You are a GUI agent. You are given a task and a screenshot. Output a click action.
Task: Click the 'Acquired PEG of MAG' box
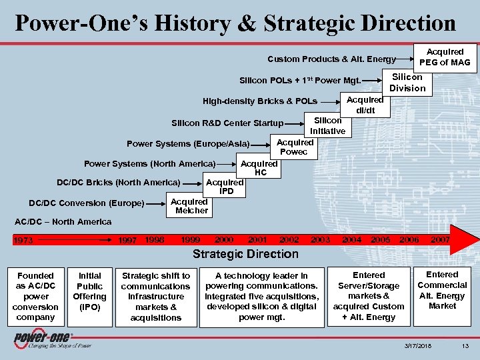pyautogui.click(x=445, y=57)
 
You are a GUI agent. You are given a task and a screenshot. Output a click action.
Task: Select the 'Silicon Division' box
pyautogui.click(x=407, y=83)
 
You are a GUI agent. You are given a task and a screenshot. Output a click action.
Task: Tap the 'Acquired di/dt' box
pyautogui.click(x=365, y=105)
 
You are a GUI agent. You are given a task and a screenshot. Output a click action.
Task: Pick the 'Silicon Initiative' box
pyautogui.click(x=327, y=125)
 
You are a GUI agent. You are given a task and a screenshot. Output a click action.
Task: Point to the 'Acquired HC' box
pyautogui.click(x=259, y=168)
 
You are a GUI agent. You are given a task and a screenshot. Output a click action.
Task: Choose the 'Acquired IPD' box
pyautogui.click(x=225, y=187)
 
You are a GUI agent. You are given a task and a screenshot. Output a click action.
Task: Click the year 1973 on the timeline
pyautogui.click(x=25, y=240)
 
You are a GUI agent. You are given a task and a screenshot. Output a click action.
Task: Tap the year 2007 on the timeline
pyautogui.click(x=440, y=239)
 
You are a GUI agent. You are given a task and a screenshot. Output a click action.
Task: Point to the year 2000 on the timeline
pyautogui.click(x=224, y=239)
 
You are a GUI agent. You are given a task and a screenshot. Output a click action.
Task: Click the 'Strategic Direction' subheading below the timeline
pyautogui.click(x=245, y=254)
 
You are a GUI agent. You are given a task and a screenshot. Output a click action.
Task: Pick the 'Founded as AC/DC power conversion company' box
pyautogui.click(x=35, y=297)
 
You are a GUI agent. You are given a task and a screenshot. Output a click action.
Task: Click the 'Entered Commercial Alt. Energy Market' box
pyautogui.click(x=442, y=290)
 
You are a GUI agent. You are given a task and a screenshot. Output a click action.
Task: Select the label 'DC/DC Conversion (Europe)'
pyautogui.click(x=87, y=203)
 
